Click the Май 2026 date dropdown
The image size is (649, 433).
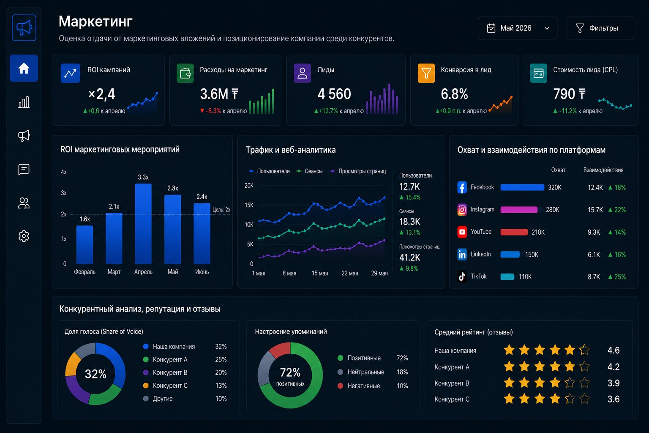[x=518, y=28]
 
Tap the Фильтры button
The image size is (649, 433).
[x=600, y=28]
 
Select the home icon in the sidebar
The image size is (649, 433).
[x=24, y=69]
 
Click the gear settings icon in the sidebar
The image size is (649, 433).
[x=24, y=236]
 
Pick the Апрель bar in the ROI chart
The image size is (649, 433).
[x=143, y=224]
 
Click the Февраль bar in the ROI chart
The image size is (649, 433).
[x=85, y=245]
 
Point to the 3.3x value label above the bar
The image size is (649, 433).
[x=143, y=177]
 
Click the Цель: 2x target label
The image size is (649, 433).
[x=221, y=209]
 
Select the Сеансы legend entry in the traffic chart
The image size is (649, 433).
[x=309, y=171]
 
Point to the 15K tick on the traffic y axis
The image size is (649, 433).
[x=249, y=205]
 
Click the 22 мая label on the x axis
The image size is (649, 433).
[x=350, y=273]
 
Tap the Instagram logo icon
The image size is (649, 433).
[x=462, y=209]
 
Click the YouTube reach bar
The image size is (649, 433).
[x=514, y=232]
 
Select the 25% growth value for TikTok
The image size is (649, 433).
[x=617, y=277]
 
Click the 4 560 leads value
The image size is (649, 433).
[x=334, y=94]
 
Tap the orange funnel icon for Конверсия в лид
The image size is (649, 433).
[x=426, y=73]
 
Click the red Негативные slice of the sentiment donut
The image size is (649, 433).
[x=280, y=349]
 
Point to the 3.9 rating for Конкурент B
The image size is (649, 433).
[x=614, y=383]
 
